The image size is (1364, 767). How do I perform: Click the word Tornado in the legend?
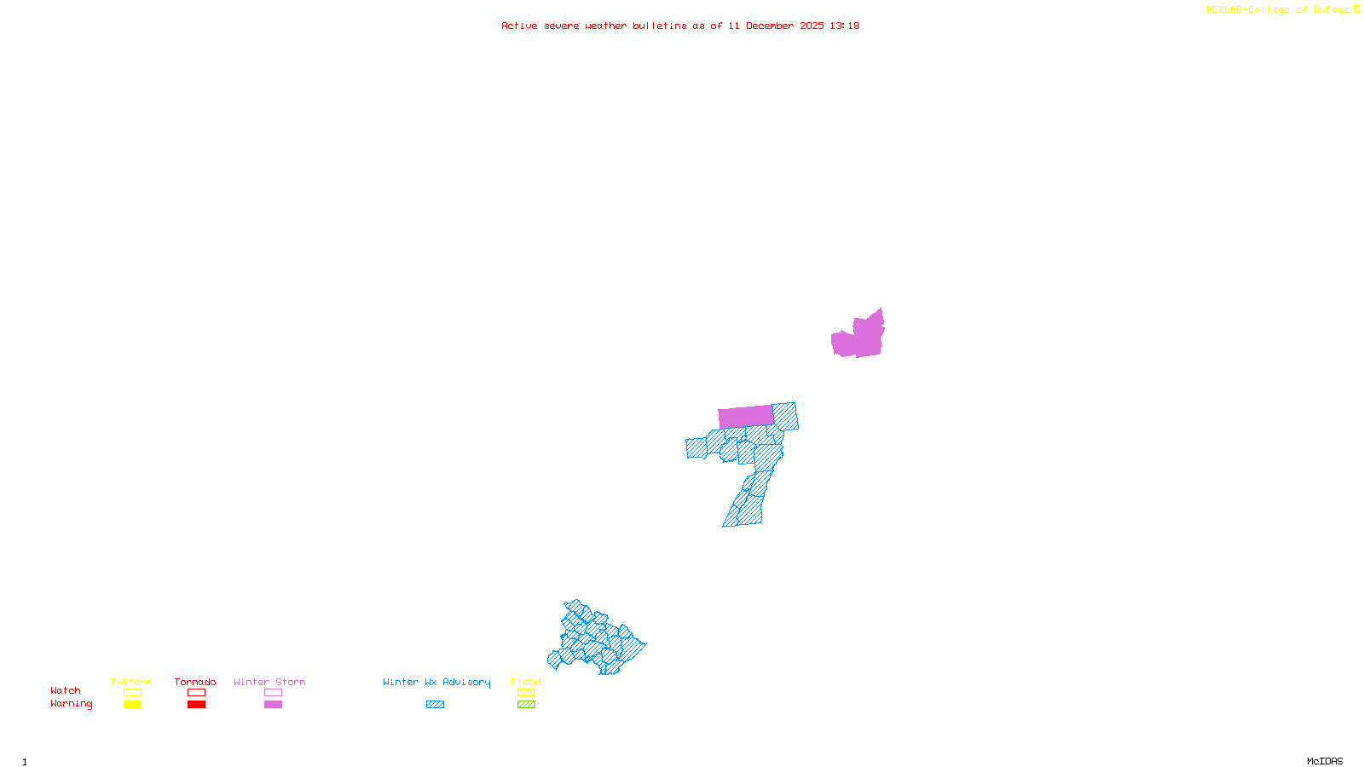point(195,682)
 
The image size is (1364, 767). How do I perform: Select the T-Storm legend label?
point(131,682)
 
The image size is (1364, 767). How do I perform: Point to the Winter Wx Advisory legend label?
point(436,682)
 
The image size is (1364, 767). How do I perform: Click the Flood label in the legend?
point(526,682)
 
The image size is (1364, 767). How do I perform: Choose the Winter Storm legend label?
point(269,682)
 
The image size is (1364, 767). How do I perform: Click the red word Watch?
point(66,691)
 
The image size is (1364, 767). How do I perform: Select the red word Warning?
point(71,704)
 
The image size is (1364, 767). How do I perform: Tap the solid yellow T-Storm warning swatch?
point(132,705)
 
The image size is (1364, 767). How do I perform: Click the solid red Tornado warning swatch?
point(196,705)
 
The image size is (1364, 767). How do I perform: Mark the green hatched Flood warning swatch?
point(526,705)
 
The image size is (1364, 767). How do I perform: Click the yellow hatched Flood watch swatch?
point(526,693)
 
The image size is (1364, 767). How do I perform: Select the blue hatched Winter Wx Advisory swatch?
point(435,705)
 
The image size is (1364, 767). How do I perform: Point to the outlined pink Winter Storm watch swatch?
point(273,693)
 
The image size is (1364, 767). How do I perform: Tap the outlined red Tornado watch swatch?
point(196,693)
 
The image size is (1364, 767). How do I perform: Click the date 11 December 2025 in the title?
point(776,26)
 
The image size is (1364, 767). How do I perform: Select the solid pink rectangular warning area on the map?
point(746,417)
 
